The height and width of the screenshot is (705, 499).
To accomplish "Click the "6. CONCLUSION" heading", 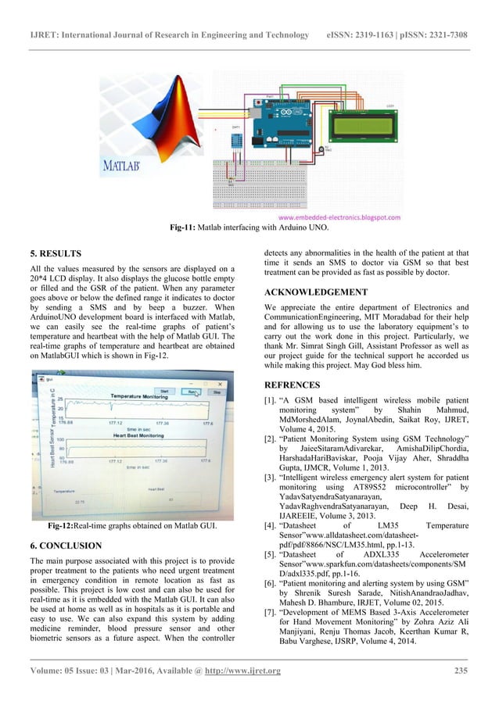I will tap(66, 544).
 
